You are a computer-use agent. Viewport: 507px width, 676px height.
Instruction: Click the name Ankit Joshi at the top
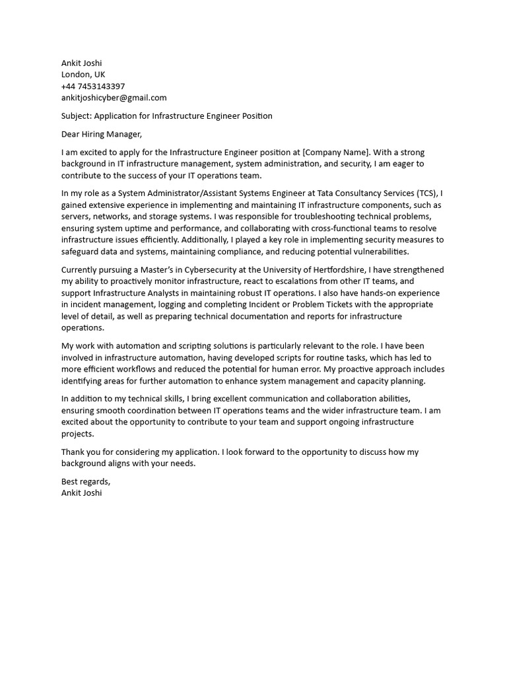(x=81, y=63)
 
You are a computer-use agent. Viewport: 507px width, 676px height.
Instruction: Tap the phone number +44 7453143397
(x=92, y=86)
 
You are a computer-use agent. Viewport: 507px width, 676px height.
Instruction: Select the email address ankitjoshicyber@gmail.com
(x=114, y=98)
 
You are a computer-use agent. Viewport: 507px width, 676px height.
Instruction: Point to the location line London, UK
(x=83, y=75)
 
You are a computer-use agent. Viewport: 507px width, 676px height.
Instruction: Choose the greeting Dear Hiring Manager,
(x=101, y=134)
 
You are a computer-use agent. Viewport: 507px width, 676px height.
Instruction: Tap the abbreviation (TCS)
(x=428, y=193)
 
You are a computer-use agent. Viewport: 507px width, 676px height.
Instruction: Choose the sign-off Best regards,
(x=86, y=481)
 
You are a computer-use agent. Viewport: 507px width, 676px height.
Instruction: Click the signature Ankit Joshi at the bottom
(x=81, y=492)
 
